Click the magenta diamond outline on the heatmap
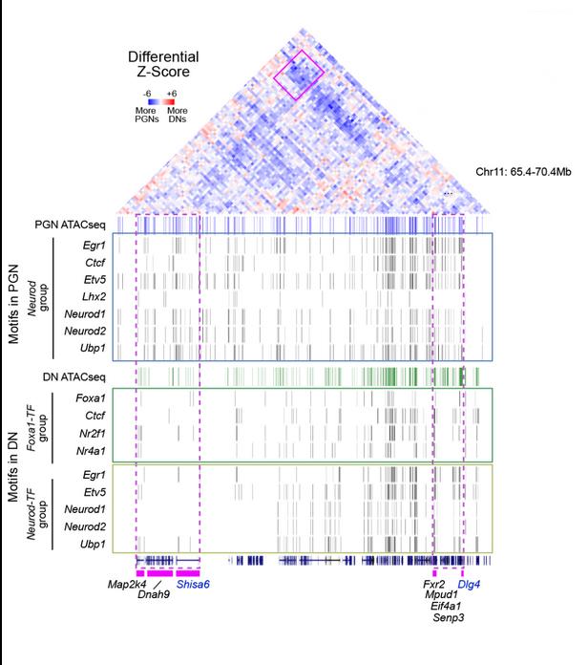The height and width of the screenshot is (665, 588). click(x=300, y=75)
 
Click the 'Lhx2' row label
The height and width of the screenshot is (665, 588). click(x=93, y=297)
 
